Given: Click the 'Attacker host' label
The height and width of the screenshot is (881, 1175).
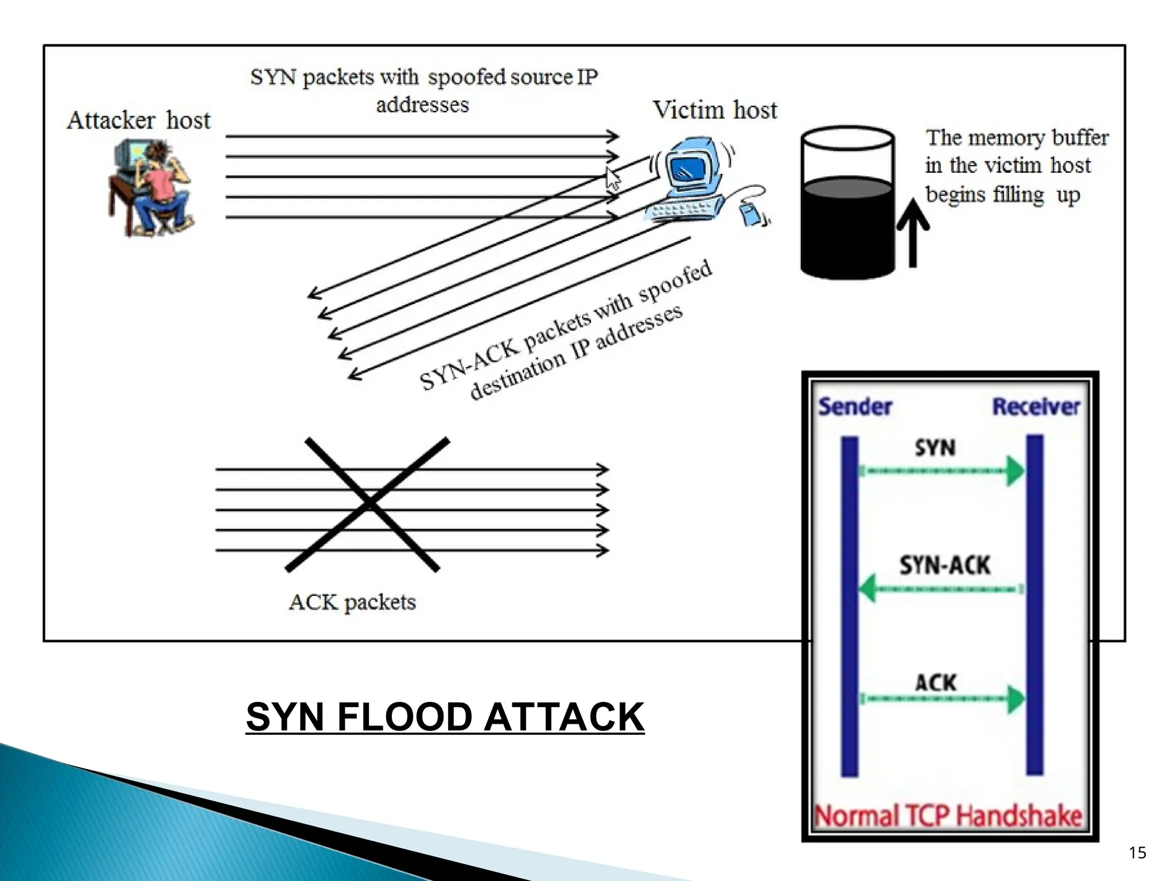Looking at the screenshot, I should pos(138,120).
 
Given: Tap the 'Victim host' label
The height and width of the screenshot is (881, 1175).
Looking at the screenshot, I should pos(715,110).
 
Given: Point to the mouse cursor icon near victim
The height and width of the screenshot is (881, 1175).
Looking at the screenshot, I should pos(613,180).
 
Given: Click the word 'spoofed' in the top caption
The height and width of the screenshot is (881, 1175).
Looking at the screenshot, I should pos(466,77).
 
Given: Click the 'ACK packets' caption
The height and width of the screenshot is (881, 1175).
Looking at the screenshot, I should pos(352,602).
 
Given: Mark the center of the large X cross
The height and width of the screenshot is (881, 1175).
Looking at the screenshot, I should pos(368,504).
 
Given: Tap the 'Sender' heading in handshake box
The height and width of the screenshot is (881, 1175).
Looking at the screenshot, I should pos(855,407).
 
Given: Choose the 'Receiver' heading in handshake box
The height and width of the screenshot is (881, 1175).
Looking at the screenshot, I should pos(1036,407).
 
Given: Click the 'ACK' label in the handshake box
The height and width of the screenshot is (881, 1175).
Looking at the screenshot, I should pos(935,683).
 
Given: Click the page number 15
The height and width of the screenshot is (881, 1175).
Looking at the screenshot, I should pos(1137,853).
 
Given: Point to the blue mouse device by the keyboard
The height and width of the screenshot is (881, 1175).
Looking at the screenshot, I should pos(750,214).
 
